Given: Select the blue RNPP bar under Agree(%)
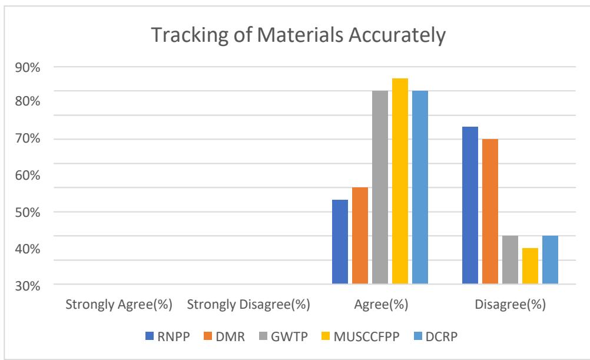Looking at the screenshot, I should (340, 242).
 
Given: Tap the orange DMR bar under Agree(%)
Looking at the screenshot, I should (360, 236).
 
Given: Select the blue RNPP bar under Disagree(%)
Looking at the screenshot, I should (470, 206).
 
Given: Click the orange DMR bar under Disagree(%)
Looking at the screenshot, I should (490, 212).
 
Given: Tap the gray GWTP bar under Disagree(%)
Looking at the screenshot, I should (510, 260).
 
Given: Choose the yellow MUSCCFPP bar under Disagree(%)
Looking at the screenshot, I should (530, 266).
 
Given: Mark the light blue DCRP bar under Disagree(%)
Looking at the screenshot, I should (550, 260).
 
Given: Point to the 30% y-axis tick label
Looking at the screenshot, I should (28, 286).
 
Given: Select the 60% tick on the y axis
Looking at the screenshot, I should (28, 176).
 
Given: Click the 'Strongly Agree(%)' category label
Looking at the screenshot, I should (118, 305).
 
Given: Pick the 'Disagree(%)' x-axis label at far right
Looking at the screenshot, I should (510, 305).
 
